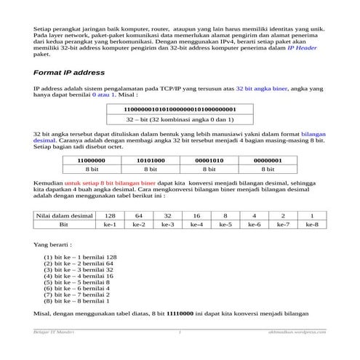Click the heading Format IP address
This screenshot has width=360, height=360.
tap(69, 73)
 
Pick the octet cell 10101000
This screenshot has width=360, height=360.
tap(150, 160)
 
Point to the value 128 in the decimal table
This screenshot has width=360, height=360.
tap(110, 216)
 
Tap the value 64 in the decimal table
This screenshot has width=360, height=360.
tap(139, 216)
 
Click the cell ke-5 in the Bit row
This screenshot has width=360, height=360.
tap(225, 225)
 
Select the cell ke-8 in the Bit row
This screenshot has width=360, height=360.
tap(311, 225)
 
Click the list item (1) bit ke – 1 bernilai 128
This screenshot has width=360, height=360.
tap(80, 257)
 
